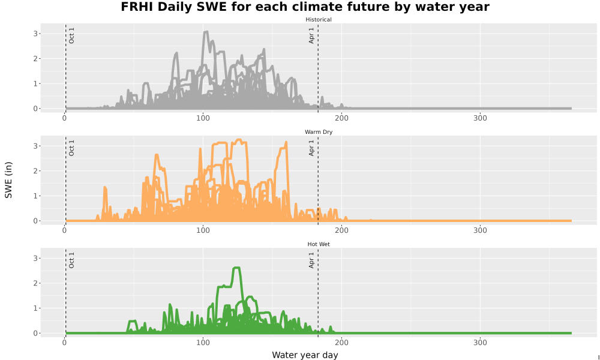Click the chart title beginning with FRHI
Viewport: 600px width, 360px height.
[305, 7]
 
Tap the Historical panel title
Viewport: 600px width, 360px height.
[319, 20]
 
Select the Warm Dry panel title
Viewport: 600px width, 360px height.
[319, 132]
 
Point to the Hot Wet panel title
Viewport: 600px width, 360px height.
[319, 244]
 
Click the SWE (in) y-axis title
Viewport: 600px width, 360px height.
[8, 180]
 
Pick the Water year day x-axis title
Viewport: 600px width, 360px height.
[305, 355]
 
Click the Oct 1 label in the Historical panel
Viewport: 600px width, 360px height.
[71, 35]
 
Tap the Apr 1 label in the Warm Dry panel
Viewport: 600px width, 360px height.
[311, 148]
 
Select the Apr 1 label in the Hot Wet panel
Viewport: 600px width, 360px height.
[311, 260]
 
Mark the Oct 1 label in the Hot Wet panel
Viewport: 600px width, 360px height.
[71, 260]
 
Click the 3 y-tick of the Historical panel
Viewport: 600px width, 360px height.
[35, 34]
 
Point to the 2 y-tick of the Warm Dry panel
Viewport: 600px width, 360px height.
[35, 171]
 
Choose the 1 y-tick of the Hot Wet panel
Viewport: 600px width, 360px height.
[35, 308]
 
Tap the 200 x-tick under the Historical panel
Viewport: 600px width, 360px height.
[341, 118]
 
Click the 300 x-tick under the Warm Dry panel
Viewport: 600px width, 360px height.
[480, 230]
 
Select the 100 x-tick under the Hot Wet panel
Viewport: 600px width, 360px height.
[203, 343]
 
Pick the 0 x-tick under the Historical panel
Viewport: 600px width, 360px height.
[64, 118]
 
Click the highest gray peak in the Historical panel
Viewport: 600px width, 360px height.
[206, 32]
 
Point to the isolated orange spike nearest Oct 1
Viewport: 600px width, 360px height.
[105, 187]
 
